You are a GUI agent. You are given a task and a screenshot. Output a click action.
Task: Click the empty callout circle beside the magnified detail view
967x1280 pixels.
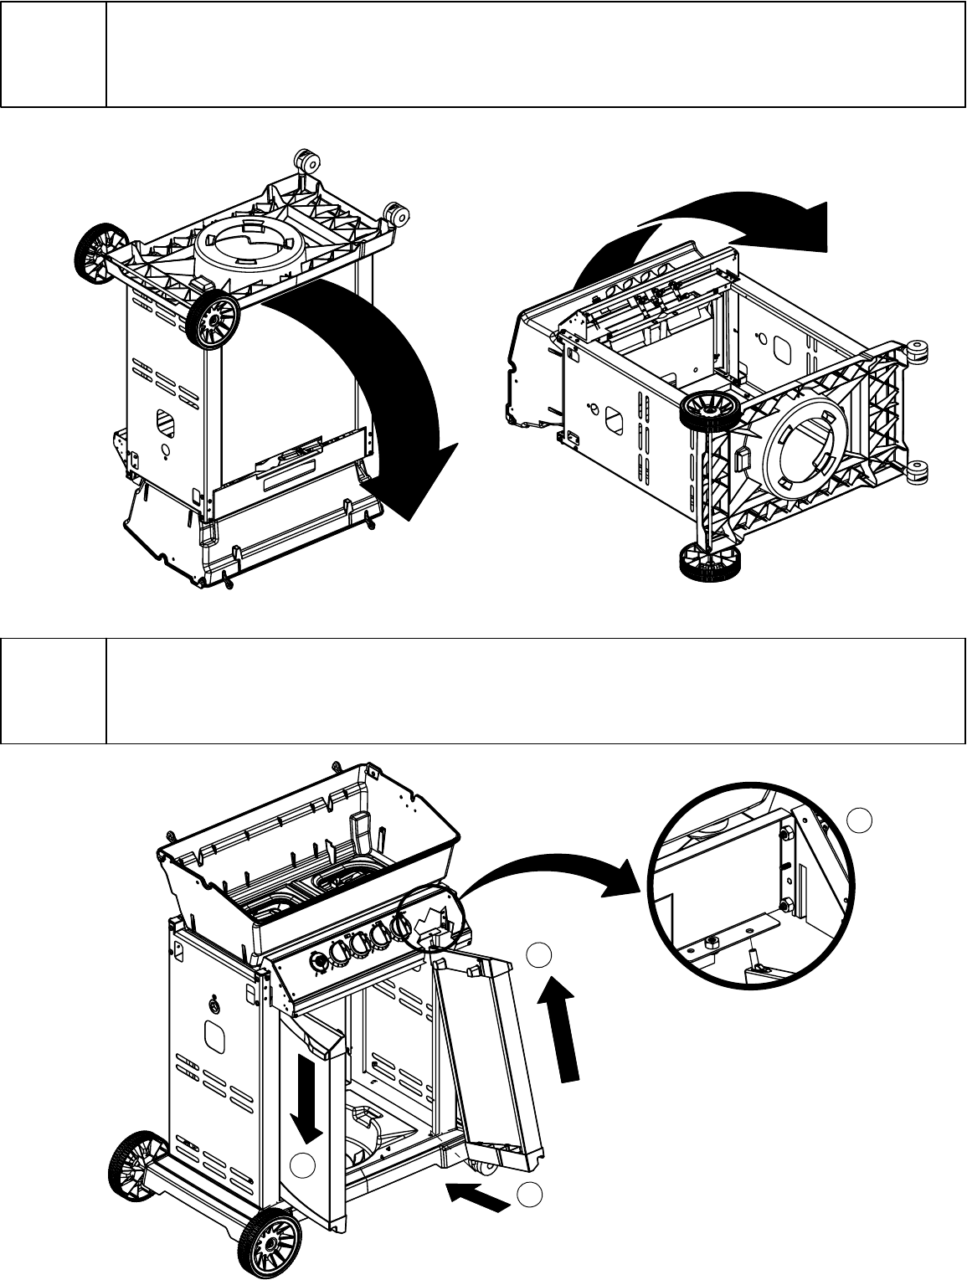[860, 820]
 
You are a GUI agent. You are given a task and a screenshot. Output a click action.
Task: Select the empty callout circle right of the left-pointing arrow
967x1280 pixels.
[528, 1195]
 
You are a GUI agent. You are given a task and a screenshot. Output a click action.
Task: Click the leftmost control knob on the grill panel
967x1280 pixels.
[319, 964]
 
